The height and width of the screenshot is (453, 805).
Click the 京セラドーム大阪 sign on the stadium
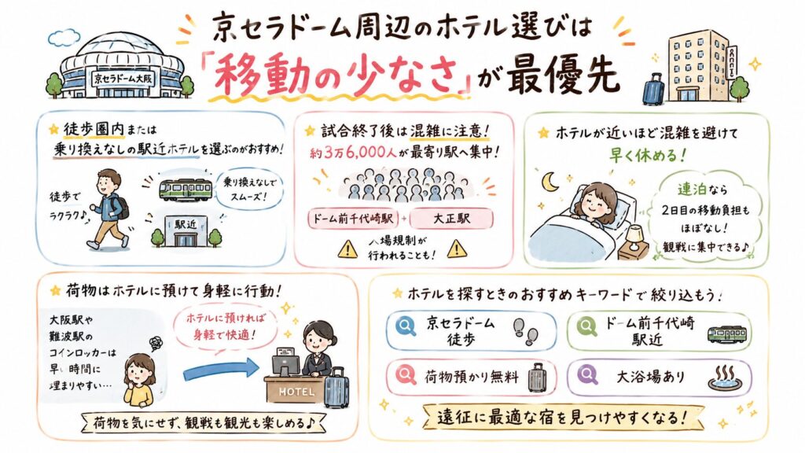click(x=123, y=79)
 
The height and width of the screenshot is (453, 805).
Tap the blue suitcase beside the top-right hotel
click(x=653, y=89)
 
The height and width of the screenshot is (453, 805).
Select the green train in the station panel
click(x=186, y=189)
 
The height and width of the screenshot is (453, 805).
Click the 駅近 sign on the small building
click(x=186, y=224)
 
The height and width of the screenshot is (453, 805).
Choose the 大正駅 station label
click(x=452, y=219)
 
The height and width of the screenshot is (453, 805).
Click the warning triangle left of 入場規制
click(x=347, y=249)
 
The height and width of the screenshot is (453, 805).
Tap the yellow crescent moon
click(x=550, y=182)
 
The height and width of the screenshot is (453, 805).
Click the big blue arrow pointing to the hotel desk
click(x=221, y=370)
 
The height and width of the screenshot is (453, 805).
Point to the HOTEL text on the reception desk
click(x=296, y=392)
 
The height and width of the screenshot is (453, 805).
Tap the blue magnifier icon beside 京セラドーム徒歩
click(x=406, y=326)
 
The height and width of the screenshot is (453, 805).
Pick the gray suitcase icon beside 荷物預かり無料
click(x=536, y=378)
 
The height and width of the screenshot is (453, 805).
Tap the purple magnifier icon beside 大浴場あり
click(x=587, y=374)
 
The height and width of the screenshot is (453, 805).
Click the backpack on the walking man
click(x=123, y=208)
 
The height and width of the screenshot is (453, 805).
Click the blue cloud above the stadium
click(x=64, y=37)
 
